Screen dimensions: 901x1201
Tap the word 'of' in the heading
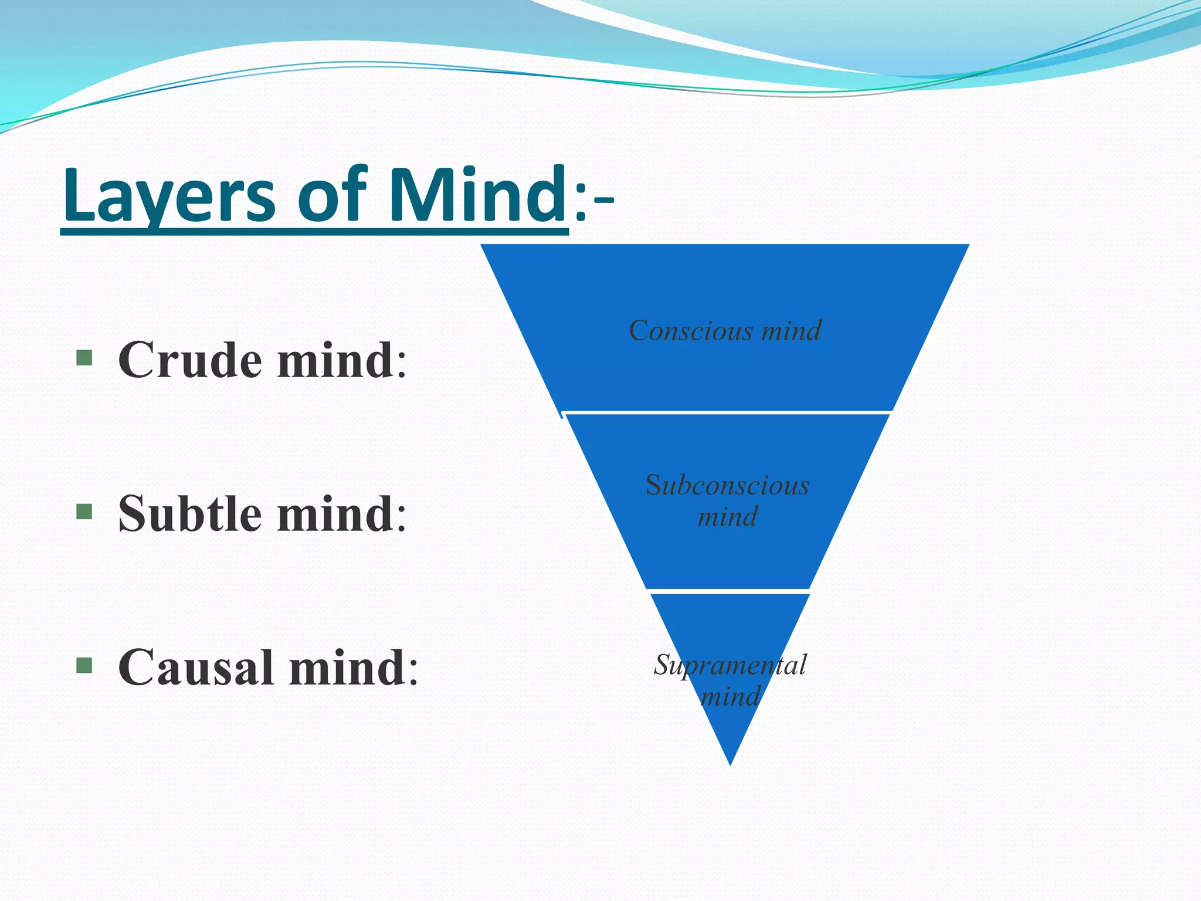coord(332,196)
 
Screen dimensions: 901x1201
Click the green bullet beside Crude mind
coord(84,358)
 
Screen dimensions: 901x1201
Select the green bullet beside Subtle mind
coord(84,512)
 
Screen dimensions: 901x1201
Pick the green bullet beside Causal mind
coord(84,665)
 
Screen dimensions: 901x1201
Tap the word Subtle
coord(189,513)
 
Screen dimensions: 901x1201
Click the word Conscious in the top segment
coord(690,331)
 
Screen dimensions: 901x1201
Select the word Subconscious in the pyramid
coord(727,485)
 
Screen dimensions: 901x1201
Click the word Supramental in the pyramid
coord(730,665)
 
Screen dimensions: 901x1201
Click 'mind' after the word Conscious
coord(792,331)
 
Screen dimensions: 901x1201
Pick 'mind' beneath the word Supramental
coord(730,697)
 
